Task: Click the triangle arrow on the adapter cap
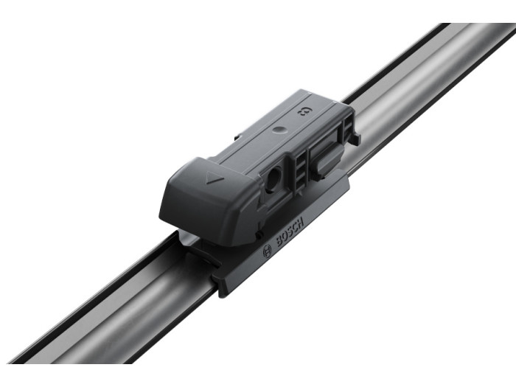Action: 213,180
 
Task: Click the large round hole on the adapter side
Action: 273,180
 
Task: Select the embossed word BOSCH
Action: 290,231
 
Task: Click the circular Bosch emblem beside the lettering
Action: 267,252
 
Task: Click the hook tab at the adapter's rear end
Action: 356,138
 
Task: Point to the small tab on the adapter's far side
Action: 238,137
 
